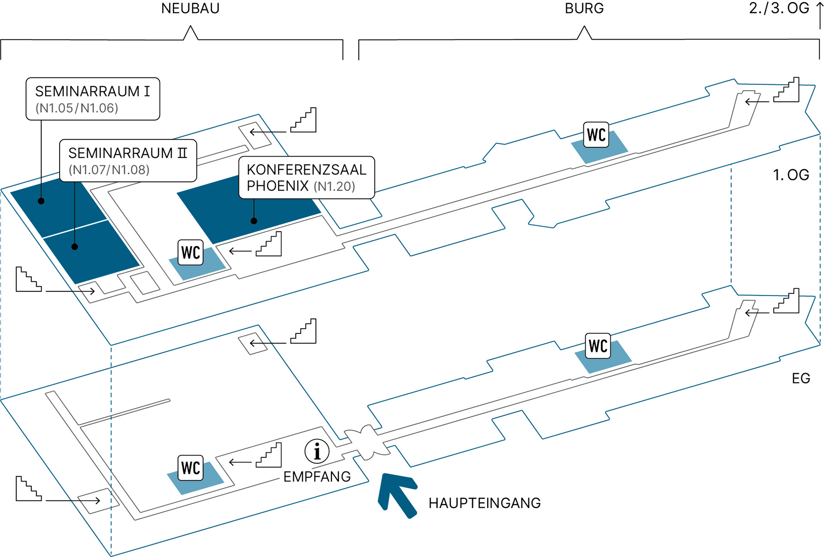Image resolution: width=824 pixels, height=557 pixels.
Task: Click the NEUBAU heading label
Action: (x=190, y=9)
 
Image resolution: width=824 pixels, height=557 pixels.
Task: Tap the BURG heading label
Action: (x=584, y=9)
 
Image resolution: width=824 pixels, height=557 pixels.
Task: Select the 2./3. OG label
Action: (x=779, y=9)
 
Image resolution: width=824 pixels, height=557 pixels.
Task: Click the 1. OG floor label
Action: (x=791, y=175)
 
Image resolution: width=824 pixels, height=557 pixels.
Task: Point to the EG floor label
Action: (x=801, y=378)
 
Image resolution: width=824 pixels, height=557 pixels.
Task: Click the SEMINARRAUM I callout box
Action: (x=93, y=99)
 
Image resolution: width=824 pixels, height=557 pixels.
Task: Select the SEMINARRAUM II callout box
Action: (x=128, y=161)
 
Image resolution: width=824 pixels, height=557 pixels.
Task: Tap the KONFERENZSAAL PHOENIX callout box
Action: (x=306, y=178)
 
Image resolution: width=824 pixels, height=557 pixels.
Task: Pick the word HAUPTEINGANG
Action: (x=485, y=503)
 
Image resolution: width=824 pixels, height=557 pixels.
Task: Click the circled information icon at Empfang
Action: (x=317, y=451)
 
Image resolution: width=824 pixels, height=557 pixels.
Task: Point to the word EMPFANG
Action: (x=317, y=477)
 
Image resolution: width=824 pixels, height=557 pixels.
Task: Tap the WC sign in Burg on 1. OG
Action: (x=596, y=135)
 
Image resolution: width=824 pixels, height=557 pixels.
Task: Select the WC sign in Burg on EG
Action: (x=598, y=346)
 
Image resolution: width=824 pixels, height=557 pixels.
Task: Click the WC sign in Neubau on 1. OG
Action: (x=191, y=252)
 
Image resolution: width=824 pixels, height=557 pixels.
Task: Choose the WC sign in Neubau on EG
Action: (x=191, y=468)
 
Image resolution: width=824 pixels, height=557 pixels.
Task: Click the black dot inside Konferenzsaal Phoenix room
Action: (x=254, y=221)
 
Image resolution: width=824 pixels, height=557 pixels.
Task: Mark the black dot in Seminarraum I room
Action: (x=41, y=201)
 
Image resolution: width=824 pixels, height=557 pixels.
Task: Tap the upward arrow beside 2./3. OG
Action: (x=820, y=15)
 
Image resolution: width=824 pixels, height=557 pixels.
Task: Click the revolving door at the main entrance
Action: (x=367, y=442)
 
